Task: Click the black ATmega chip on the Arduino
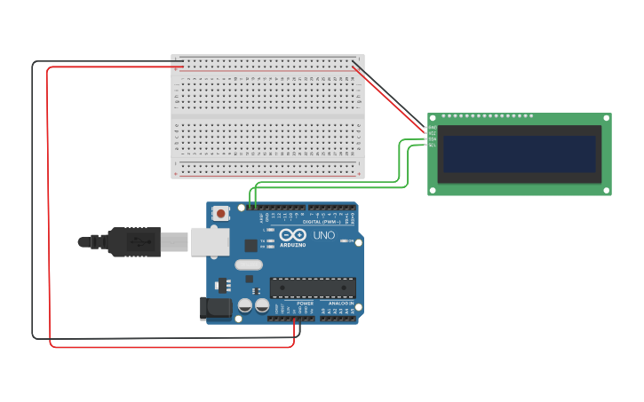(x=313, y=288)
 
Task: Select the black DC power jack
(x=217, y=308)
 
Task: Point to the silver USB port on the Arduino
(x=210, y=241)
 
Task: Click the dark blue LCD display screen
(x=520, y=154)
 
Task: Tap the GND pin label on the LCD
(x=433, y=128)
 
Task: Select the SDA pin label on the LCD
(x=433, y=139)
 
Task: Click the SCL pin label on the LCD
(x=433, y=145)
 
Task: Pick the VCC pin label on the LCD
(x=433, y=133)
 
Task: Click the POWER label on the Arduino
(x=306, y=303)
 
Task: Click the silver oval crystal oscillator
(x=249, y=264)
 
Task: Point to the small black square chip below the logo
(x=251, y=246)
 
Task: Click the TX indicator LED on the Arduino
(x=269, y=240)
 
